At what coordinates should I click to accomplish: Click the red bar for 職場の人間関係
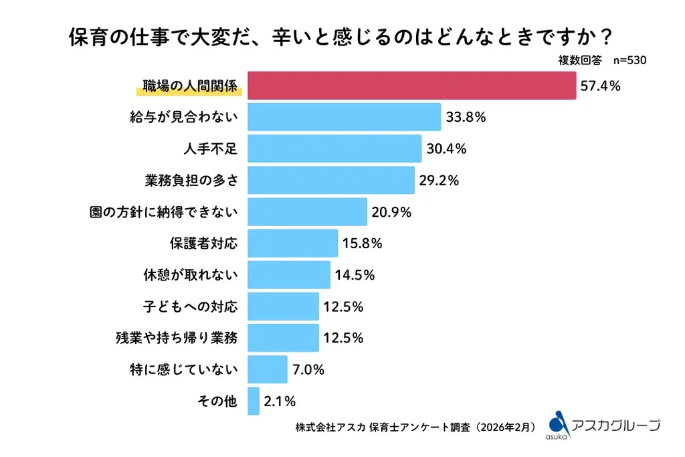tap(411, 86)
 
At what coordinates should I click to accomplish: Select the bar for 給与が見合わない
tap(344, 117)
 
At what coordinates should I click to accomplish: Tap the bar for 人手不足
tap(334, 149)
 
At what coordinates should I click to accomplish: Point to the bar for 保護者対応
tap(292, 243)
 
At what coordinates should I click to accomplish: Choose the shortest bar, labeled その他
tap(253, 401)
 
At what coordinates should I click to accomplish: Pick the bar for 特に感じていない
tap(267, 369)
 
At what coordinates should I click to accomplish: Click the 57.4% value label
tap(601, 86)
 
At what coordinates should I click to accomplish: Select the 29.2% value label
tap(439, 180)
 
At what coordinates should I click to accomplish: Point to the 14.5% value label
tap(355, 275)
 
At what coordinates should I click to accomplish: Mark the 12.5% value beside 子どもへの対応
tap(343, 306)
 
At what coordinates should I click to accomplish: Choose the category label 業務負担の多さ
tap(191, 180)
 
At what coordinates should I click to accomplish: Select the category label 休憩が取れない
tap(191, 275)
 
